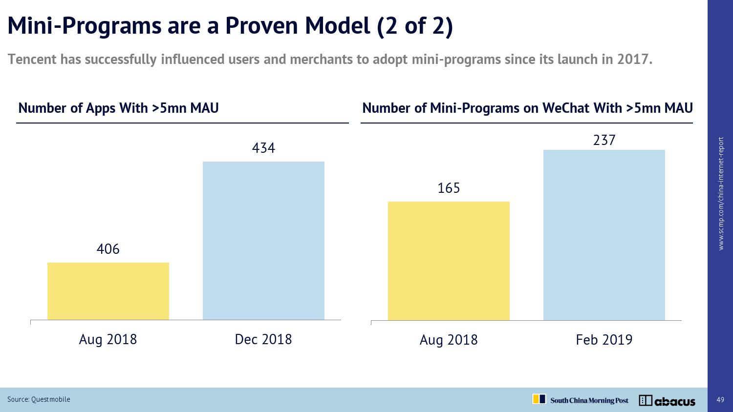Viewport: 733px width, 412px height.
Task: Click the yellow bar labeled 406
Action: (x=108, y=291)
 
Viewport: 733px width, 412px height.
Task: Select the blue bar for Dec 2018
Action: (x=263, y=241)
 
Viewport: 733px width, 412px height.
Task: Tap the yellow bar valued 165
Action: (x=449, y=261)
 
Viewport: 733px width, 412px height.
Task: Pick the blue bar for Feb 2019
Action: (x=604, y=235)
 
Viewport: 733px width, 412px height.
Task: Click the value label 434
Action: (x=263, y=148)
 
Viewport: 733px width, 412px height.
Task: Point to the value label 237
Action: (x=604, y=141)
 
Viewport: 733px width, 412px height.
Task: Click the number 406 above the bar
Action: (x=108, y=249)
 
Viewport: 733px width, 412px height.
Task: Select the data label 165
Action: (x=449, y=188)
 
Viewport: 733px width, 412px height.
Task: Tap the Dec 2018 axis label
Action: (x=263, y=339)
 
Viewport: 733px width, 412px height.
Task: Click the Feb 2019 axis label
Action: (x=604, y=340)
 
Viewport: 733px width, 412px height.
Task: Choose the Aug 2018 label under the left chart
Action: (x=108, y=339)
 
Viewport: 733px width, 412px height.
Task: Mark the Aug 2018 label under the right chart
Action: (x=449, y=340)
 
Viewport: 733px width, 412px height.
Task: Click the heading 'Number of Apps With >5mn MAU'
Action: (x=118, y=108)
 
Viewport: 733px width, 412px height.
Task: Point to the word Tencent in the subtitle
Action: (x=32, y=60)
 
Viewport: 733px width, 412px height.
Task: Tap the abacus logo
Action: (x=667, y=401)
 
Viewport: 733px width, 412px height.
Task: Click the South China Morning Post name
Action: (x=589, y=401)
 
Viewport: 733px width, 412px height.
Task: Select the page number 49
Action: (x=720, y=400)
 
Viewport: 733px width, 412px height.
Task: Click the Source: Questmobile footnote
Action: (x=39, y=399)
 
